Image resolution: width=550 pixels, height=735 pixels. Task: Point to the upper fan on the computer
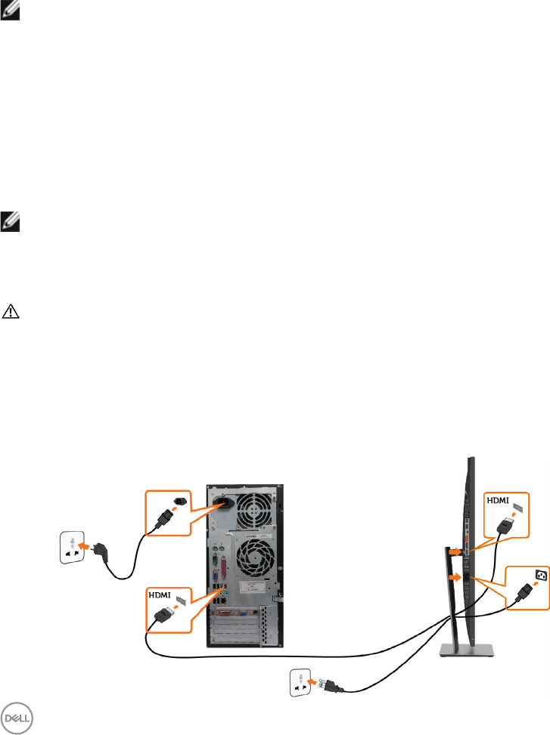click(x=251, y=503)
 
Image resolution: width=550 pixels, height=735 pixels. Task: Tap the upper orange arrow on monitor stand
click(x=453, y=551)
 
